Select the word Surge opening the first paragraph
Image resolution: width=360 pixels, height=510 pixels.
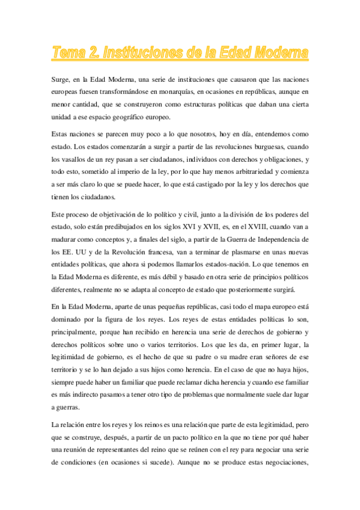[x=61, y=79]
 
